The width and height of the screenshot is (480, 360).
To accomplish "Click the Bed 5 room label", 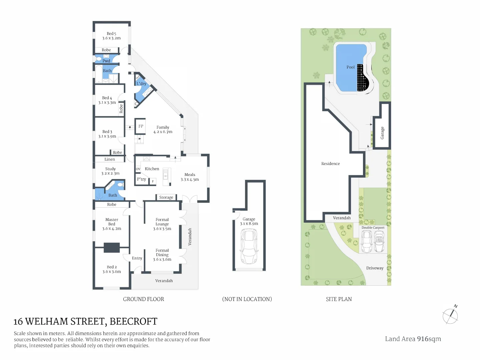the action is [x=111, y=34].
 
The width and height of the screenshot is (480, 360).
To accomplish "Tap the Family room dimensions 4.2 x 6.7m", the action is [x=163, y=132].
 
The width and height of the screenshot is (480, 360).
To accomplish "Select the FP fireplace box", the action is [x=141, y=126].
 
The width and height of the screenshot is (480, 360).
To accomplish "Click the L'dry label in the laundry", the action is [x=141, y=84].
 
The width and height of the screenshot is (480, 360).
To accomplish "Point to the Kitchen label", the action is [x=152, y=169].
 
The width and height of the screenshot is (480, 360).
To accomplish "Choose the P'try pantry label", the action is [x=141, y=179].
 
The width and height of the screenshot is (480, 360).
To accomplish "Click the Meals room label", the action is [x=190, y=175].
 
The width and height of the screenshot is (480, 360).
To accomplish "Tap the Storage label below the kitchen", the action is [x=166, y=198].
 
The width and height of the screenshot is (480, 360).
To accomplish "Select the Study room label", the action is [x=110, y=169].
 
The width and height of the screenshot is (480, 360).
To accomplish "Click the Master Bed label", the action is [x=112, y=222].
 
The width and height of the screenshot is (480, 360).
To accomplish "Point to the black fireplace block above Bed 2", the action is [x=112, y=248].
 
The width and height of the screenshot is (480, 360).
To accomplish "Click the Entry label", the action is [x=137, y=258].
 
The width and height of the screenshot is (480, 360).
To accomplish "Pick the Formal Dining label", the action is [x=162, y=253].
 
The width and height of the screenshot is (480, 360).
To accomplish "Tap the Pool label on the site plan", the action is [x=350, y=67].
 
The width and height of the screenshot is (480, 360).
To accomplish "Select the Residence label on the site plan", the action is [x=330, y=164].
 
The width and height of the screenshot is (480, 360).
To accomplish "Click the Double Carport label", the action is [x=373, y=228].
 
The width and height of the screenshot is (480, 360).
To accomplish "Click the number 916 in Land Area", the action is [x=423, y=339].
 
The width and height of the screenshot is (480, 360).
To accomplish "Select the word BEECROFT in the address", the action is [x=133, y=321].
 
